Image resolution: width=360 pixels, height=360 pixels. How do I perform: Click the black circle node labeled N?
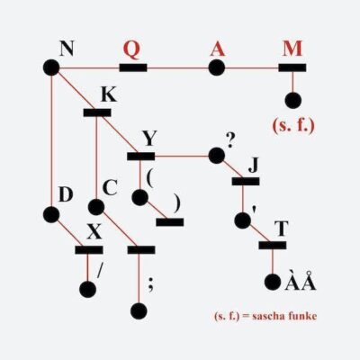[51, 67]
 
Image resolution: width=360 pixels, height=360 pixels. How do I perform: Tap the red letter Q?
[132, 49]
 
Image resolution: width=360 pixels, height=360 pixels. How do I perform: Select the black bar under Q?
[133, 67]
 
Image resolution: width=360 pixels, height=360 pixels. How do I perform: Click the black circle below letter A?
[217, 67]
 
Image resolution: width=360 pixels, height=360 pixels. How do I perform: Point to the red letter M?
[292, 49]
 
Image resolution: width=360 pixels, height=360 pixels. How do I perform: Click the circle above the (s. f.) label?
[293, 100]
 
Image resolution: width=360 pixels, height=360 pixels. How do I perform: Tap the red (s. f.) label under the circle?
[293, 126]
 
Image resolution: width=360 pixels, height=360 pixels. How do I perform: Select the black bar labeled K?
[97, 112]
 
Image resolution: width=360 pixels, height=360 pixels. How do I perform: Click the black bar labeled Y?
[141, 157]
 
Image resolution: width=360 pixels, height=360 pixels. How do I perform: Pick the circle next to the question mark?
[216, 156]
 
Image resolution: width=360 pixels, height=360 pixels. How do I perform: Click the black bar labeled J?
[246, 181]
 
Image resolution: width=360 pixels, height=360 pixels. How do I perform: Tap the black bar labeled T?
[273, 245]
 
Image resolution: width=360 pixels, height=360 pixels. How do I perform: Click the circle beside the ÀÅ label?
[273, 282]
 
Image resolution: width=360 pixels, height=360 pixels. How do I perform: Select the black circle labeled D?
[51, 214]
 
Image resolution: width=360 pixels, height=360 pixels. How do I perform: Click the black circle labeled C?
[96, 207]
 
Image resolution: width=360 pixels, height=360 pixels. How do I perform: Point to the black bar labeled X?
[89, 250]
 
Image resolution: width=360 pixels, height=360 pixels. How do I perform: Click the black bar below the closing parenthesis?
[170, 222]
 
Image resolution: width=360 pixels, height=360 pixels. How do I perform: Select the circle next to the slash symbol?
[88, 290]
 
